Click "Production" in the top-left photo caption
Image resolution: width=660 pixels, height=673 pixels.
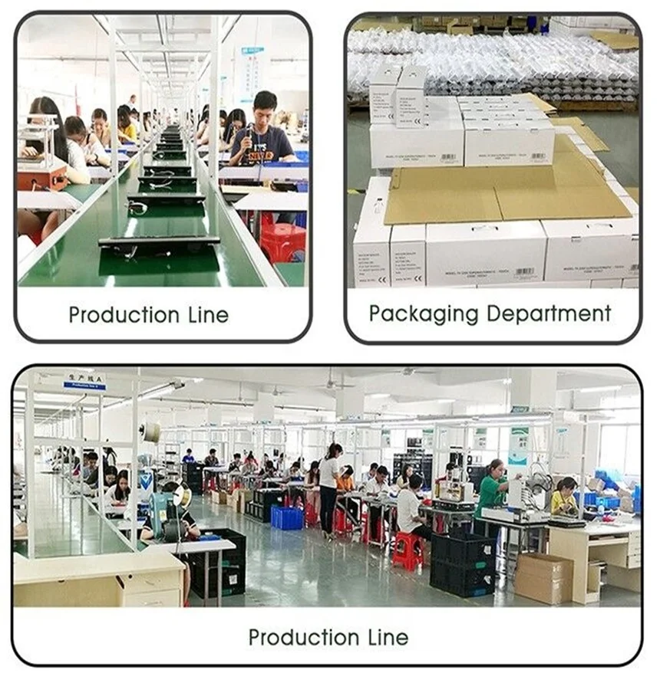pyautogui.click(x=123, y=315)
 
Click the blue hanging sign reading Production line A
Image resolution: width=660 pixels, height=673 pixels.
pyautogui.click(x=84, y=380)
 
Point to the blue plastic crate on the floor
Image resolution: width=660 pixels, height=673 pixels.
pyautogui.click(x=286, y=517)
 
